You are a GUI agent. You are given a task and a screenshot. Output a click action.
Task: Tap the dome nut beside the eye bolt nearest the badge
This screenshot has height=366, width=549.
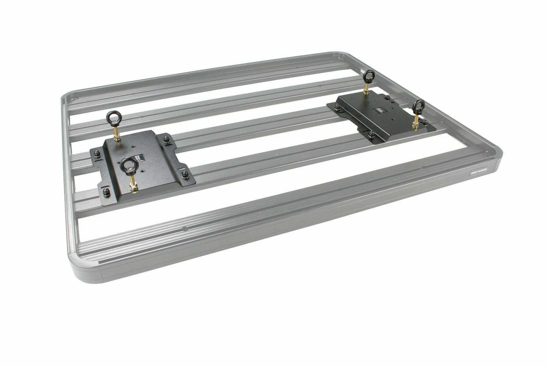click(425, 122)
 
